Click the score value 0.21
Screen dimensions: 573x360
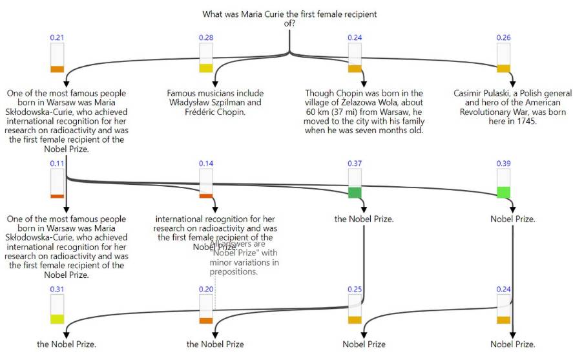[x=57, y=38]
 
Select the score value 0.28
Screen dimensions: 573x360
[x=206, y=38]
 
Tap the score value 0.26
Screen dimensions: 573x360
[x=503, y=38]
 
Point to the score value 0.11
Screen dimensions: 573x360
[x=57, y=164]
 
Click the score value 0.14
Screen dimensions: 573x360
[x=206, y=164]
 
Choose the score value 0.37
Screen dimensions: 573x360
[x=355, y=164]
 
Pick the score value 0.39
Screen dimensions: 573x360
[x=503, y=164]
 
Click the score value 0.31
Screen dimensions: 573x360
[x=57, y=290]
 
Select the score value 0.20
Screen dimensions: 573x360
[x=206, y=290]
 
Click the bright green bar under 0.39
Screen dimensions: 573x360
[x=503, y=192]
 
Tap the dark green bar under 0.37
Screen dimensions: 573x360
[x=355, y=193]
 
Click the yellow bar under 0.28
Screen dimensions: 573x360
[x=206, y=69]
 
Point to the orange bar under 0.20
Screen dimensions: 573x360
[x=206, y=321]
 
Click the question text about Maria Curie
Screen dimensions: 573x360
[x=289, y=18]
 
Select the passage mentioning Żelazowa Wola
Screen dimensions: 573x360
[x=364, y=112]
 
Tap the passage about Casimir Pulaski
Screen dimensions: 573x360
[x=512, y=107]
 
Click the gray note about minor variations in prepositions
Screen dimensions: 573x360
[x=244, y=259]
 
